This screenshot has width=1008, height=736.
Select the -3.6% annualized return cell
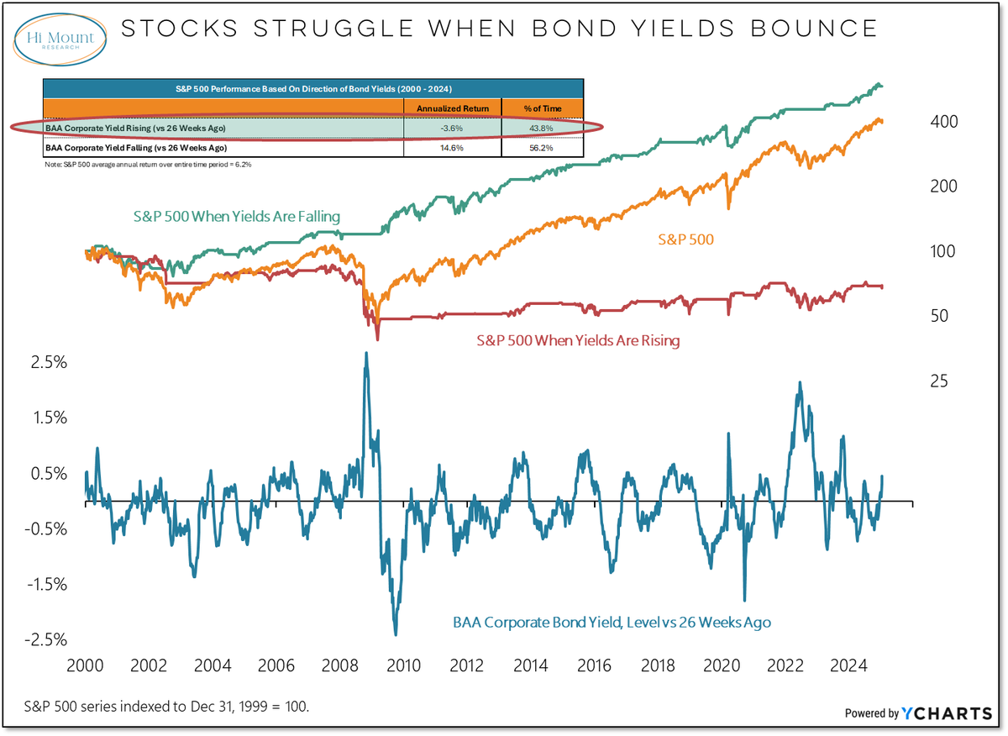(x=452, y=127)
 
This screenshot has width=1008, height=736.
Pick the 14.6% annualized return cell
(x=452, y=147)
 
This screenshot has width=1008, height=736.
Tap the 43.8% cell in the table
(x=542, y=127)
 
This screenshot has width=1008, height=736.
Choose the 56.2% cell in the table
(x=542, y=147)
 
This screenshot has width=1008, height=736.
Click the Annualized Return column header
(x=452, y=108)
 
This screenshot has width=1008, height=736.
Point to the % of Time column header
(x=542, y=108)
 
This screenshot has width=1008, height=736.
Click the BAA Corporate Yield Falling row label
(x=139, y=147)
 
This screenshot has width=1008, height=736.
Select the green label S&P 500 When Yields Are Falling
(x=237, y=217)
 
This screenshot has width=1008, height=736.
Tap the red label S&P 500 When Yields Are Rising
(x=578, y=341)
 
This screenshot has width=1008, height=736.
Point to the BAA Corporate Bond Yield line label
(x=612, y=623)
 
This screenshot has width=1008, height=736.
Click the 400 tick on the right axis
(x=945, y=123)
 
